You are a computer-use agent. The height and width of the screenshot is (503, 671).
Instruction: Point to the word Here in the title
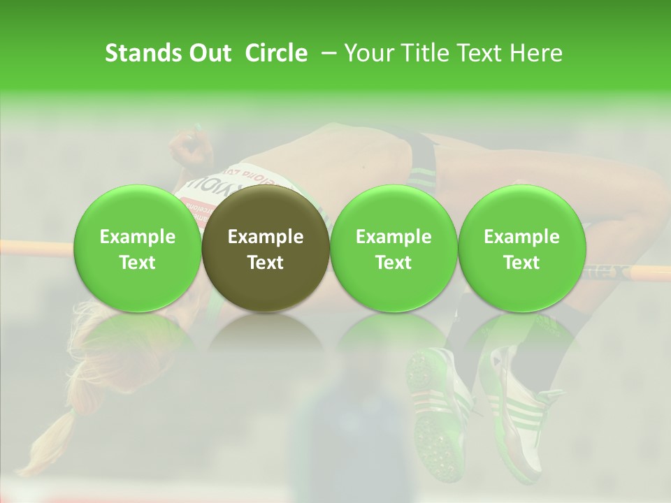[x=536, y=53]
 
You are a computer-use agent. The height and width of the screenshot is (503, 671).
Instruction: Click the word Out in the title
[x=210, y=53]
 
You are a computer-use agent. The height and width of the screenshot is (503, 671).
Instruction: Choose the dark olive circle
[x=266, y=249]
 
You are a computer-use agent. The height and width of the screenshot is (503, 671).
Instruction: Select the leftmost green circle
[x=137, y=249]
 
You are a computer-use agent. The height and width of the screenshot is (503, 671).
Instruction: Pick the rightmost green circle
[x=521, y=249]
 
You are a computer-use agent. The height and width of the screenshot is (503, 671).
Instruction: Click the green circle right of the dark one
[x=394, y=249]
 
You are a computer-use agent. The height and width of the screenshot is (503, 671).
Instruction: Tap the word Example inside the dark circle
[x=266, y=237]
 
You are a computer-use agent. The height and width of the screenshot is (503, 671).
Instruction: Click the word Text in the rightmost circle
[x=521, y=263]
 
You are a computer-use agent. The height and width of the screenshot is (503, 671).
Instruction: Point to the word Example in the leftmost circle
[x=137, y=237]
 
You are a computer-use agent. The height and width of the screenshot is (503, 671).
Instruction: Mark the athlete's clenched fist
[x=187, y=147]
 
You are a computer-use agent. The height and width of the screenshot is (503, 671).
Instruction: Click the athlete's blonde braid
[x=59, y=433]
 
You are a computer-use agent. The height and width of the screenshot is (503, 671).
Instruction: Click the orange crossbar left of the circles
[x=35, y=247]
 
